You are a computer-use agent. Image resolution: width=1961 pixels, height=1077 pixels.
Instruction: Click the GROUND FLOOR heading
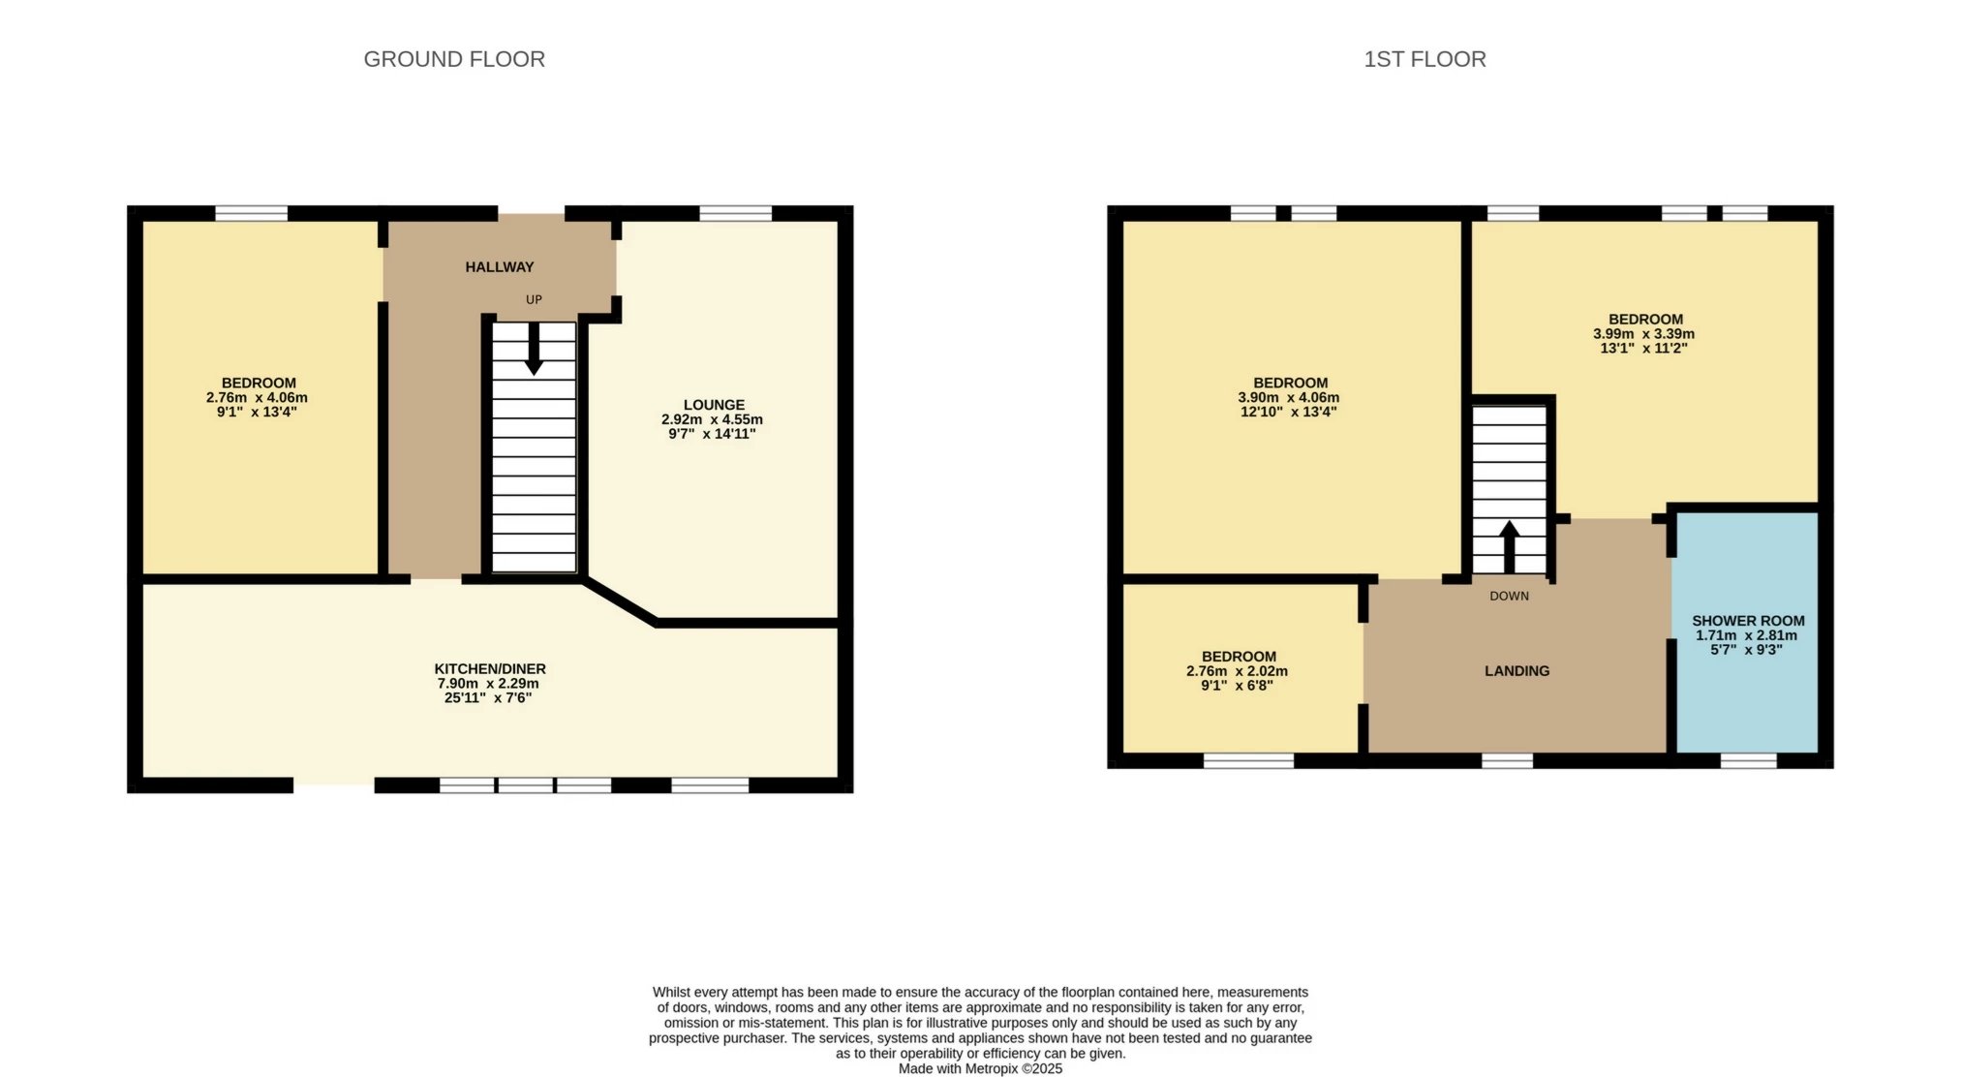[x=454, y=59]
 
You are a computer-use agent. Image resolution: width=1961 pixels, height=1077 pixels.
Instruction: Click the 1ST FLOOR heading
[x=1425, y=59]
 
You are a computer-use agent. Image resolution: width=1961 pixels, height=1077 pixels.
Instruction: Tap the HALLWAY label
[x=499, y=267]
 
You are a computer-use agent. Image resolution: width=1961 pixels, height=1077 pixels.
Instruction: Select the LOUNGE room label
[x=714, y=405]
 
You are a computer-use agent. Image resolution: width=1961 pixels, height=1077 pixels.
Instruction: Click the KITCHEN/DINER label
[x=490, y=669]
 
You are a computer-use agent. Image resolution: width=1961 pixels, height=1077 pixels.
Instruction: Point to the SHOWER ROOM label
[x=1748, y=621]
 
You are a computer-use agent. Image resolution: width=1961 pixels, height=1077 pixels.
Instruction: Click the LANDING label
[x=1517, y=671]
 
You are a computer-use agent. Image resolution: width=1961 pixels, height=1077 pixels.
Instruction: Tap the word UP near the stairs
[x=534, y=300]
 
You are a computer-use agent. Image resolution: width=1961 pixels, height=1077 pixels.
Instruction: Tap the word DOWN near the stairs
[x=1509, y=597]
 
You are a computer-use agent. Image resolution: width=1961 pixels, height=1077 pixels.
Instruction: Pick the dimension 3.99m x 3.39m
[x=1643, y=334]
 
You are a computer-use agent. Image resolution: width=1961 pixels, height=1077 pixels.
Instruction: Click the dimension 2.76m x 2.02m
[x=1237, y=671]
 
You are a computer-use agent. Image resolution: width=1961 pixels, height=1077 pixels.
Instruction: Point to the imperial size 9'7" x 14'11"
[x=712, y=434]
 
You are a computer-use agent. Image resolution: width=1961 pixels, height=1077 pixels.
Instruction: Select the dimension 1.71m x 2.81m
[x=1746, y=636]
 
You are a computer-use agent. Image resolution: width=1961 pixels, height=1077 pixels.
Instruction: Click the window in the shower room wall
[x=1748, y=761]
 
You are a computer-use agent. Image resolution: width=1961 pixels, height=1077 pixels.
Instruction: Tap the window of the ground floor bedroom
[x=251, y=213]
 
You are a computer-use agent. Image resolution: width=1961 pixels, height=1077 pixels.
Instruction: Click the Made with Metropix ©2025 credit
[x=980, y=1069]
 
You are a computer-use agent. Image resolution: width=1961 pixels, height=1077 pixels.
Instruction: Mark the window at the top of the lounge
[x=735, y=213]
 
